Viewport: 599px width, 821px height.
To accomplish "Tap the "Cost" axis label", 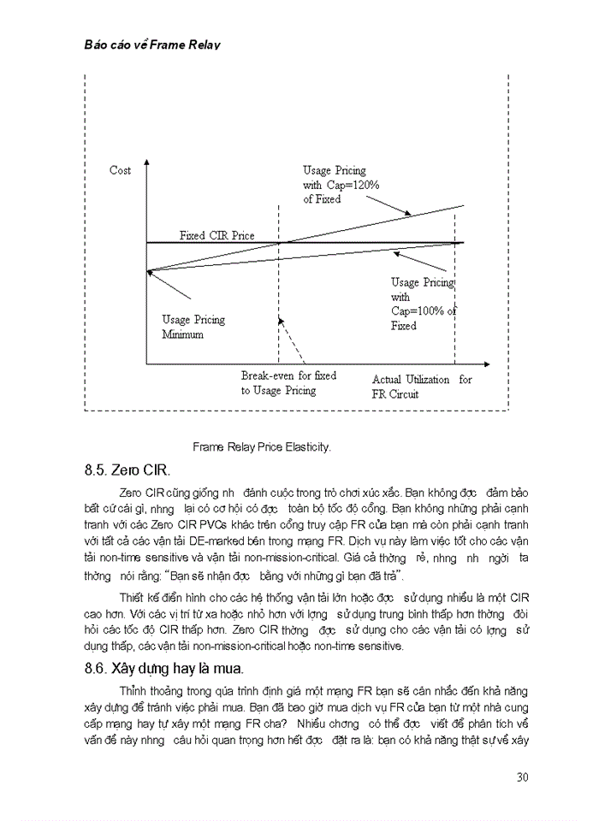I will [121, 170].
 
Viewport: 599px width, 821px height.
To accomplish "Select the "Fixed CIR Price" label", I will [216, 235].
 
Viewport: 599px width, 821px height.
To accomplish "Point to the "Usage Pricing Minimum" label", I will [193, 327].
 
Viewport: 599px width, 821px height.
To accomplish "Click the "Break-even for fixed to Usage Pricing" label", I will [288, 383].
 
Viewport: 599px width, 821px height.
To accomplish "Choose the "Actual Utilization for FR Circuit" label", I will [421, 387].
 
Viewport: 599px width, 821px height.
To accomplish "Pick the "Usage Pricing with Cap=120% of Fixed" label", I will [341, 185].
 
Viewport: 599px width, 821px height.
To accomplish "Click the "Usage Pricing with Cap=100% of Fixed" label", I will [423, 304].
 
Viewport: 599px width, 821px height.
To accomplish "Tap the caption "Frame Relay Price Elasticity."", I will [261, 446].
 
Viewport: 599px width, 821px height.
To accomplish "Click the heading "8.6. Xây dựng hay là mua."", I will [163, 668].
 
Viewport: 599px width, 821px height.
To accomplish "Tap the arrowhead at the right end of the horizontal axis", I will [487, 365].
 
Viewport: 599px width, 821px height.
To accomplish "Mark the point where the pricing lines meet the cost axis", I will [148, 272].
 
